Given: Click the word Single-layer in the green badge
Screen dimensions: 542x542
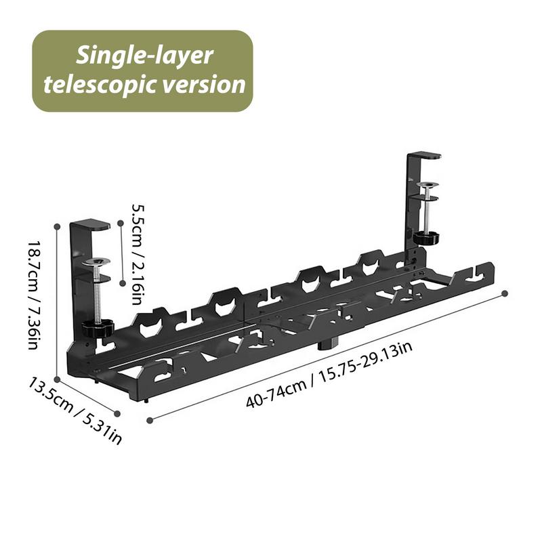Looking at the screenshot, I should tap(144, 56).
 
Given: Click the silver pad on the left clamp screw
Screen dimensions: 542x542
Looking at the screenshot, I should tap(98, 262).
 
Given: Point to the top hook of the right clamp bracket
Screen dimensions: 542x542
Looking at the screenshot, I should tap(424, 157).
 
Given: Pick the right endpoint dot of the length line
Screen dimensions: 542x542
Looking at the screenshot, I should tap(505, 293).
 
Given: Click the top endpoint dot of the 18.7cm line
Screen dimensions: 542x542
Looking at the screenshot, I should tap(58, 226).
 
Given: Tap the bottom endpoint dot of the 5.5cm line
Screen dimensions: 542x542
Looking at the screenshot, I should tap(121, 283).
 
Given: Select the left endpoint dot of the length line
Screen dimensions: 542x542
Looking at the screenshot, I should tap(149, 420).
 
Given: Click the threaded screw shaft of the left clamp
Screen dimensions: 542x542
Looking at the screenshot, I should tap(99, 298).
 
